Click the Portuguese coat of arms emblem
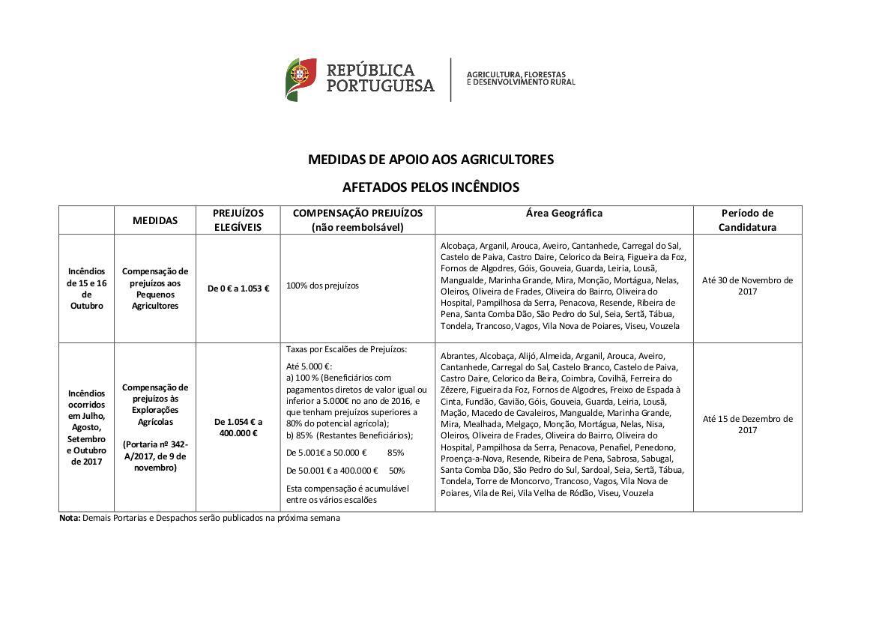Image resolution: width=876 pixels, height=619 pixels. [x=300, y=79]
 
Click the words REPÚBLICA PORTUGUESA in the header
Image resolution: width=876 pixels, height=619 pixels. [x=380, y=78]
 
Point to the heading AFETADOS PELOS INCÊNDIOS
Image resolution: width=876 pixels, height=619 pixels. [x=430, y=187]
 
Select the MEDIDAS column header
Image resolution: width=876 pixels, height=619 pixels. [x=155, y=220]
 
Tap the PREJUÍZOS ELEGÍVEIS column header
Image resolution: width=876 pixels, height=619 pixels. [x=238, y=220]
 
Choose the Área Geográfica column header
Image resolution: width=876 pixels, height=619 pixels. [x=564, y=213]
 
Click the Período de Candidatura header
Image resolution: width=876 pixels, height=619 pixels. [x=746, y=220]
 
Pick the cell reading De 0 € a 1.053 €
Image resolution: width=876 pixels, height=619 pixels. [x=238, y=289]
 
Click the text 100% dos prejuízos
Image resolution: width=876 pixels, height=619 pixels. [x=322, y=286]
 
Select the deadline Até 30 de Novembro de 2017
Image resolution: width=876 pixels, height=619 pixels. [x=746, y=286]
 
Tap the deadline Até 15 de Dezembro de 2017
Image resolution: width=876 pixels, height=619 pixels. [x=746, y=424]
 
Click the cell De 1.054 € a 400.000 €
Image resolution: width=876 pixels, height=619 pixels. [x=238, y=427]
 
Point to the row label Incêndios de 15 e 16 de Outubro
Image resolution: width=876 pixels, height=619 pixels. [x=87, y=289]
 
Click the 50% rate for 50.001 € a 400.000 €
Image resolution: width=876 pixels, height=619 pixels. [x=396, y=471]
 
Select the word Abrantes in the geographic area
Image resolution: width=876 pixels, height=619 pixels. [x=457, y=356]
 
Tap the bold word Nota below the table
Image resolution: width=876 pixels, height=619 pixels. [x=69, y=518]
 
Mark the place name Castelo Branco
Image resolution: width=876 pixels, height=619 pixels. [x=638, y=367]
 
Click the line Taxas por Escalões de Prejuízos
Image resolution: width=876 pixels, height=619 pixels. [x=346, y=349]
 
